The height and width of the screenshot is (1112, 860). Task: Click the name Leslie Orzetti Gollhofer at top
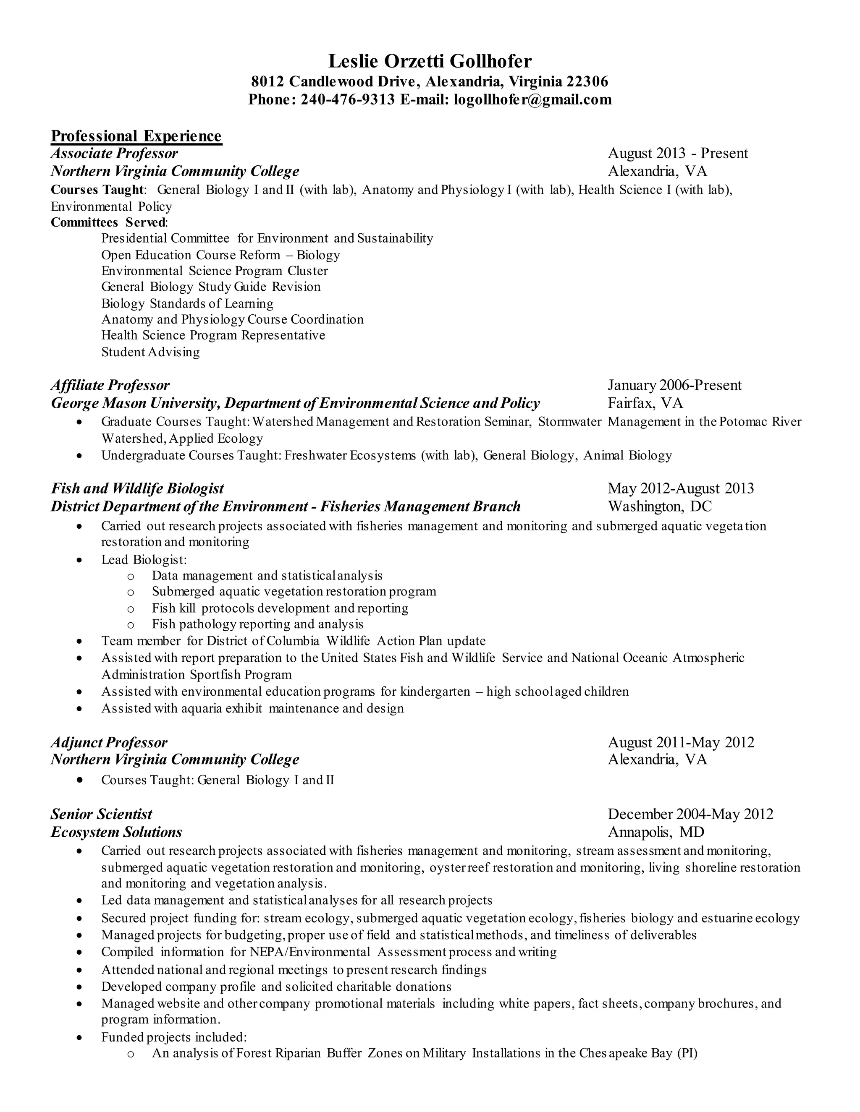[x=430, y=61]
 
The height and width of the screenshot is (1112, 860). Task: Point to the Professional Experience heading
[x=136, y=136]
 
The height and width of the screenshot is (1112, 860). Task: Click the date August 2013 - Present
[x=678, y=153]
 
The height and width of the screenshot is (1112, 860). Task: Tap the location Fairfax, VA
[x=645, y=403]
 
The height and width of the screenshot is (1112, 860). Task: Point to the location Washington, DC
[x=659, y=506]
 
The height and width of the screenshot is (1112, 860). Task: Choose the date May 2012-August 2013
[x=681, y=488]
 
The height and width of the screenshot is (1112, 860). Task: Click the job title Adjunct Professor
[x=109, y=742]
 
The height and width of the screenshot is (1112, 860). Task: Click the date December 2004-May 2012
[x=690, y=814]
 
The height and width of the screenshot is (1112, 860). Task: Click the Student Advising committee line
[x=150, y=352]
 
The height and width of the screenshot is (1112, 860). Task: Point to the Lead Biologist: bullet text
[x=144, y=559]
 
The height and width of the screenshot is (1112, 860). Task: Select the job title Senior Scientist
[x=101, y=814]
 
